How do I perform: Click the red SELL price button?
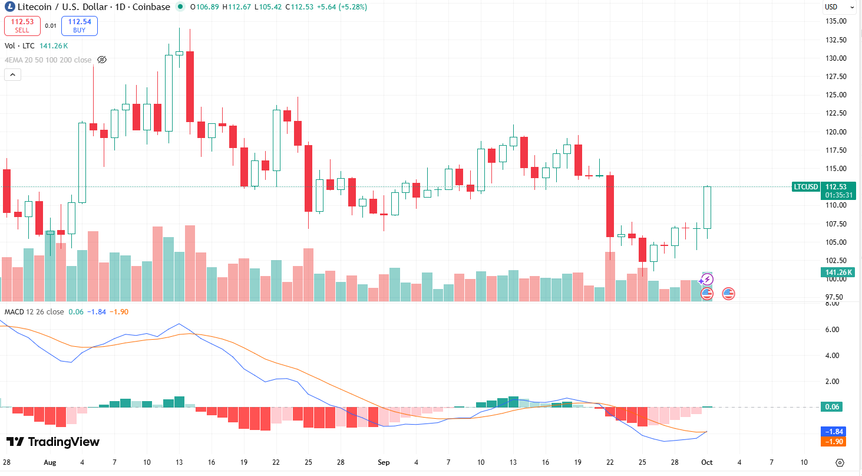pos(22,25)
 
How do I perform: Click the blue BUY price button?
pos(79,25)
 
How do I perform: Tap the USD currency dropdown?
pos(839,7)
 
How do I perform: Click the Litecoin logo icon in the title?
pos(9,7)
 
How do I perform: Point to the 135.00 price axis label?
pos(837,21)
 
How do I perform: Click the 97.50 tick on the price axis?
pos(837,297)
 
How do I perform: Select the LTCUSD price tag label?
pos(806,187)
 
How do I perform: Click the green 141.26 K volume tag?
pos(839,272)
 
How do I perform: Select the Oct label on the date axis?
pos(706,462)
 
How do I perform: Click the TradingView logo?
pos(53,442)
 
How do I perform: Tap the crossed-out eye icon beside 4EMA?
pos(102,60)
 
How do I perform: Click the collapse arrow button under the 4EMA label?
pos(12,75)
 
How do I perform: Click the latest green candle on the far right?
pos(707,208)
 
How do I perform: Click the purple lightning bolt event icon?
pos(707,279)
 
